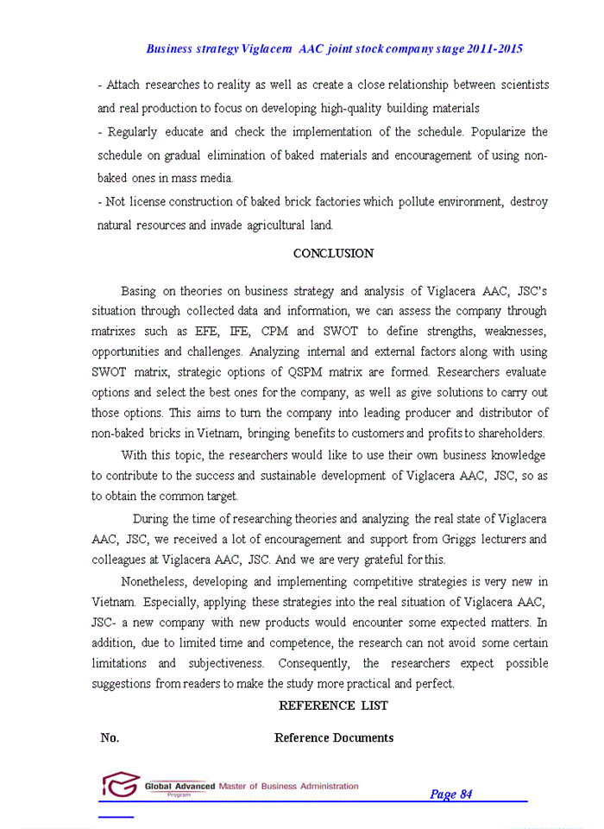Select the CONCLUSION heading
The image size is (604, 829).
(x=333, y=254)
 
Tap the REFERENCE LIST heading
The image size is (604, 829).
(x=333, y=706)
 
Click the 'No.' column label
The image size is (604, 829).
(x=110, y=737)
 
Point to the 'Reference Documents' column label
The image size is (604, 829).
(x=334, y=737)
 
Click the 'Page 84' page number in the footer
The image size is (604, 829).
(x=450, y=794)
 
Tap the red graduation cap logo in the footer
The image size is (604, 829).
(x=120, y=785)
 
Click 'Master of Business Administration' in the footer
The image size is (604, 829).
(x=289, y=786)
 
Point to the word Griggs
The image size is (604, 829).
(x=462, y=540)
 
